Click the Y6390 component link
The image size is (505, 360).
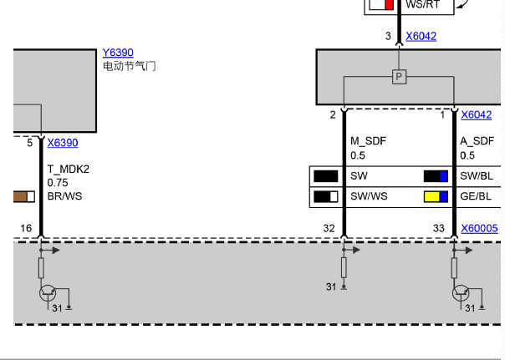pos(118,53)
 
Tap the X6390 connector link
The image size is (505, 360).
pos(63,143)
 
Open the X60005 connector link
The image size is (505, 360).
pos(479,228)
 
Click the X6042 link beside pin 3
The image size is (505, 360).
pos(421,36)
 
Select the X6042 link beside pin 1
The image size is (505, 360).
pos(476,115)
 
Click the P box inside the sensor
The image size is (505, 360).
pos(399,77)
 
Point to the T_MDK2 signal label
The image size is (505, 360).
pos(69,170)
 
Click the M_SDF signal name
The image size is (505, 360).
pos(368,141)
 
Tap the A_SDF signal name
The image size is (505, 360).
pos(477,141)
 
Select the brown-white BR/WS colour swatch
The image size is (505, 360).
pos(24,196)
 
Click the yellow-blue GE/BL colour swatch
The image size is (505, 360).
pos(436,196)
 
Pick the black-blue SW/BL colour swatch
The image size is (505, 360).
pos(436,176)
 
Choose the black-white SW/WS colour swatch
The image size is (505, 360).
pos(326,196)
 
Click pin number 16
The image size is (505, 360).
pos(26,228)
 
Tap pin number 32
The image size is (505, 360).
pos(329,228)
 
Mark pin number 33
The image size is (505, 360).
pos(439,228)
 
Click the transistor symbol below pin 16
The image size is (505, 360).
pos(48,293)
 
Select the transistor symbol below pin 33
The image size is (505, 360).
pos(461,293)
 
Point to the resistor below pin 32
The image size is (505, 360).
pos(344,267)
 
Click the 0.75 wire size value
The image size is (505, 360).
pos(58,183)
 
